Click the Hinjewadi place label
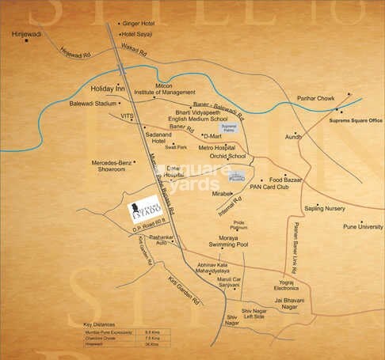pyautogui.click(x=25, y=36)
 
